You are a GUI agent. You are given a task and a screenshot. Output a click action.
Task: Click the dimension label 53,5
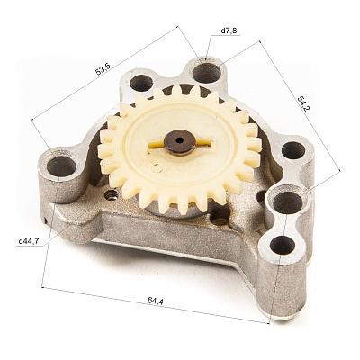click(x=103, y=69)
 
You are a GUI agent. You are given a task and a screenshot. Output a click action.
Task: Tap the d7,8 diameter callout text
click(x=229, y=31)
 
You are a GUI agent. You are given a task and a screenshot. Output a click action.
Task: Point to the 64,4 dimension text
click(x=156, y=300)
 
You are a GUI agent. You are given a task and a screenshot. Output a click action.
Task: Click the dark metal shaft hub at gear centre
click(x=180, y=141)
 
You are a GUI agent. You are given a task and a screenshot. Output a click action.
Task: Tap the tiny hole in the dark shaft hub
click(x=179, y=139)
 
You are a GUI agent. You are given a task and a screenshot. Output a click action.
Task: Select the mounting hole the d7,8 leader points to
click(x=207, y=73)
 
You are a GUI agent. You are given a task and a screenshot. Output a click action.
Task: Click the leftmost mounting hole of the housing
click(x=61, y=166)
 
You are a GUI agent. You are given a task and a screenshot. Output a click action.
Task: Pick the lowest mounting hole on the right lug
click(x=283, y=245)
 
